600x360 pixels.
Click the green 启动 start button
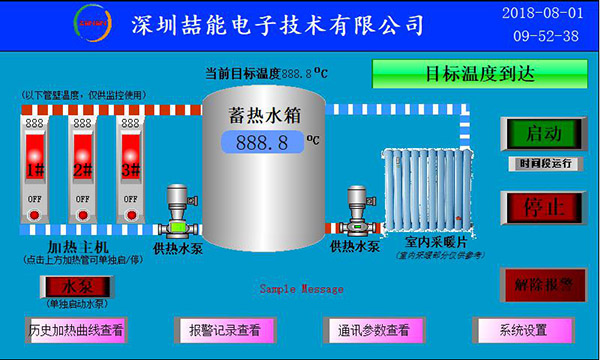(x=544, y=134)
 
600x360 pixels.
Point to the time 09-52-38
(x=545, y=36)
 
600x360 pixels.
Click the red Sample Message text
(x=301, y=288)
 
